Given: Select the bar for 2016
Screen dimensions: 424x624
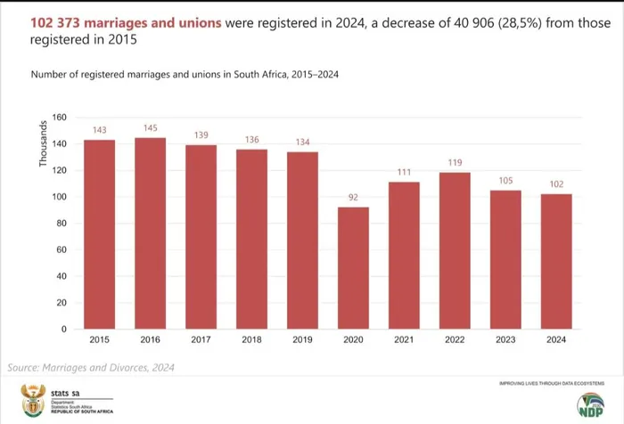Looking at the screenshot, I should (x=151, y=233).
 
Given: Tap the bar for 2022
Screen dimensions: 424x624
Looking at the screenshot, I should (x=455, y=250).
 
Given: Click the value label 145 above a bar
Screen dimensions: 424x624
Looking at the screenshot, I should (x=151, y=129).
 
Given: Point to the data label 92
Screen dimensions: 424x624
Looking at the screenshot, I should (x=353, y=199).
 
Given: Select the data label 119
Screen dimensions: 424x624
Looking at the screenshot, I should (x=455, y=163).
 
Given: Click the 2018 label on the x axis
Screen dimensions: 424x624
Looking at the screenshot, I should (x=251, y=340).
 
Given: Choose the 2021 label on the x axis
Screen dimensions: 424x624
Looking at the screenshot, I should (x=404, y=340).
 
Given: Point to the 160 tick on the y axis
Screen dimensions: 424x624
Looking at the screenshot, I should (x=60, y=118).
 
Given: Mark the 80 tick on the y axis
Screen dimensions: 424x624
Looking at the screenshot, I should (x=62, y=224).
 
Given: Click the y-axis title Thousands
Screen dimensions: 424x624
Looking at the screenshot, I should (x=43, y=146).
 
